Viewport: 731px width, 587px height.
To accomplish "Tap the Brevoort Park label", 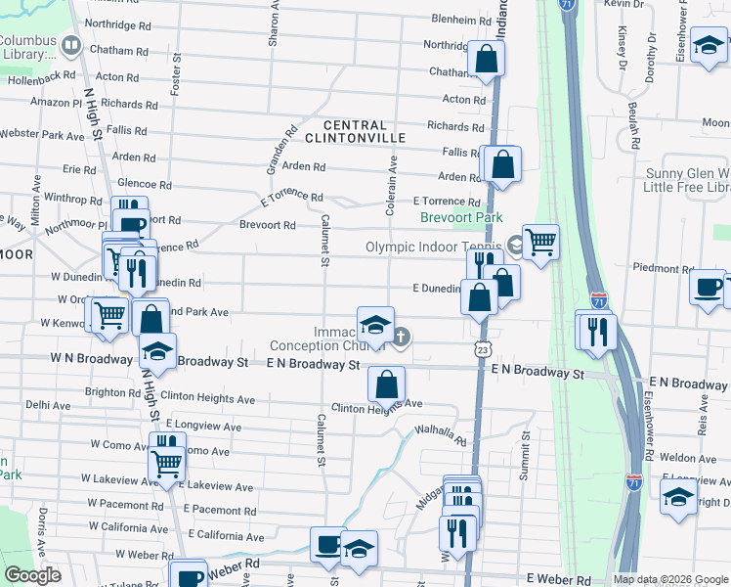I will [x=461, y=218].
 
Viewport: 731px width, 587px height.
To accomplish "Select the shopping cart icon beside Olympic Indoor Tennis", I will [x=540, y=240].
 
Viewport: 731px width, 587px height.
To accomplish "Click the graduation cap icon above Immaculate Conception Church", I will [x=375, y=325].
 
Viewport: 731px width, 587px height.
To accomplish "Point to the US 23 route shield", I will [x=482, y=348].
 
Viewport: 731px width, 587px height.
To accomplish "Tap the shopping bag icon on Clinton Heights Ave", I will [x=387, y=384].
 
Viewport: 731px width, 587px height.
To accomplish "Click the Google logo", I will [x=33, y=575].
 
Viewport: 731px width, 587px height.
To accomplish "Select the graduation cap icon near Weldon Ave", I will [x=678, y=497].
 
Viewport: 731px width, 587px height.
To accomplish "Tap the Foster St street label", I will [x=177, y=73].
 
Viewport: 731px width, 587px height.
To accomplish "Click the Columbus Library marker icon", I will [x=70, y=45].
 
